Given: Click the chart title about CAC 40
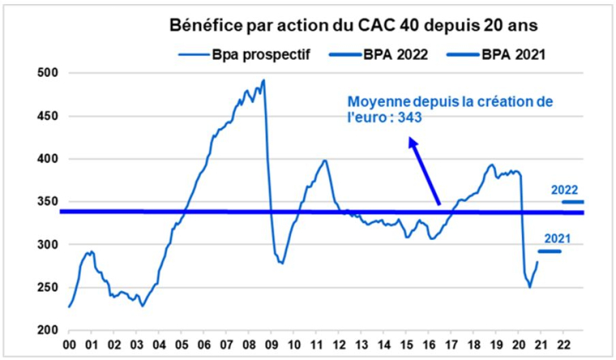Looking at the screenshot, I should [x=353, y=26].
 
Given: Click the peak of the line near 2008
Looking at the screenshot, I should [x=263, y=80].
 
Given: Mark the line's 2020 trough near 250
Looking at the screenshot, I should [x=530, y=287].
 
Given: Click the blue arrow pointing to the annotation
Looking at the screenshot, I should [x=425, y=170].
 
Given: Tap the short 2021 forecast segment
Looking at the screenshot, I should [x=550, y=251].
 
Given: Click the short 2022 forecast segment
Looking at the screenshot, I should [x=572, y=202].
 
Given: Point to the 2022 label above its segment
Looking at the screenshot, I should [x=565, y=189].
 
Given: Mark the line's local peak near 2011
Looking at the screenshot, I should [x=325, y=161].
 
